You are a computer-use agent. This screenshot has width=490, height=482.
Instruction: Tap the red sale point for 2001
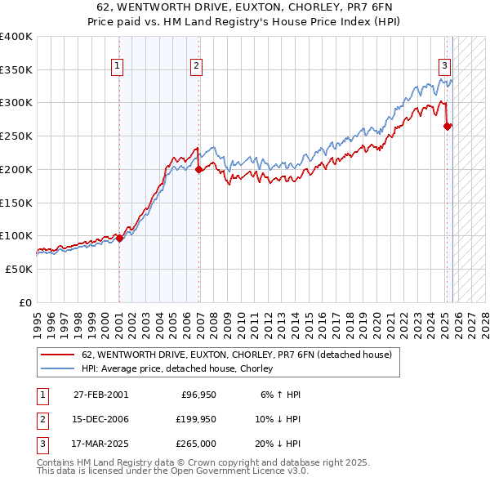tap(119, 239)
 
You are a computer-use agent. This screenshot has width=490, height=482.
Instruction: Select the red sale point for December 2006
tap(199, 170)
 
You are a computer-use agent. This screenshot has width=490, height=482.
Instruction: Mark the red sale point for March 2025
tap(448, 126)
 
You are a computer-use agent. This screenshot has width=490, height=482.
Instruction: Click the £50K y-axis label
tap(18, 269)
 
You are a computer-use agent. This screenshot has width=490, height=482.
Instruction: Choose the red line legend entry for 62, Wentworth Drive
tap(237, 355)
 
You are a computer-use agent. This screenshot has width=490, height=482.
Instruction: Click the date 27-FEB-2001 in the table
tap(100, 395)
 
